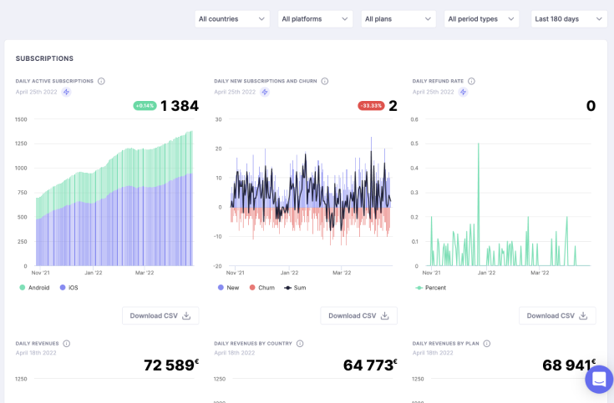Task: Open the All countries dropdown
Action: click(232, 19)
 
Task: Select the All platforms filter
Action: click(315, 19)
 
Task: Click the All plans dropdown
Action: click(398, 19)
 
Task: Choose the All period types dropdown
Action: click(481, 19)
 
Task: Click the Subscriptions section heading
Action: click(44, 58)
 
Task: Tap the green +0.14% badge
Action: click(145, 106)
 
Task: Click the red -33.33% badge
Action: click(371, 106)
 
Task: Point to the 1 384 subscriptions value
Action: click(180, 106)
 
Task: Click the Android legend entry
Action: click(34, 288)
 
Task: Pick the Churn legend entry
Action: click(262, 288)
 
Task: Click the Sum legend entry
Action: click(296, 288)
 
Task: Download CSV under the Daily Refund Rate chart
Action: click(557, 315)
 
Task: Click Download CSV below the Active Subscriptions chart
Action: click(160, 315)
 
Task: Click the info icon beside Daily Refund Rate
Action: click(471, 81)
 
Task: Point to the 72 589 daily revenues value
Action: click(171, 365)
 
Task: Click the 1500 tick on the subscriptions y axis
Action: click(20, 119)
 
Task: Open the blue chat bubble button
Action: click(599, 379)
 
